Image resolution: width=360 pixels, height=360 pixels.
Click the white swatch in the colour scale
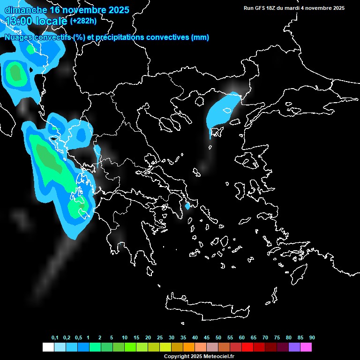click(x=48, y=347)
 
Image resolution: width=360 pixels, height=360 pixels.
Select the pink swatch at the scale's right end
click(x=306, y=347)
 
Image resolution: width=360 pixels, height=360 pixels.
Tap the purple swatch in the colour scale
click(x=294, y=347)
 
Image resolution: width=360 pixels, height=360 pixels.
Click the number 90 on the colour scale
click(x=312, y=337)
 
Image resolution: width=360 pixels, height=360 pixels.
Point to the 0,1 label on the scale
click(x=55, y=337)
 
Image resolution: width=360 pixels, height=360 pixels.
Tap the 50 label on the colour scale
click(x=218, y=337)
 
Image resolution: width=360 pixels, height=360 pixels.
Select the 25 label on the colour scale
click(x=159, y=337)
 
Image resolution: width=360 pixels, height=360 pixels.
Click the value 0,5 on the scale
click(x=78, y=337)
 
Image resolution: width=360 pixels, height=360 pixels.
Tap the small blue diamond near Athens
click(x=187, y=206)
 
